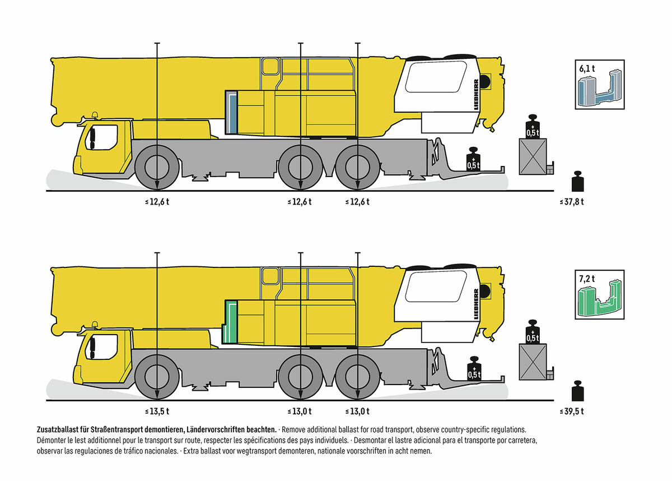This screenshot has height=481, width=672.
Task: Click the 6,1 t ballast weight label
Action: click(x=587, y=69)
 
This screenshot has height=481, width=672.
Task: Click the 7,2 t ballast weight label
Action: click(x=587, y=279)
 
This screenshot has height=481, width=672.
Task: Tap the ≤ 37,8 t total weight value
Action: click(x=572, y=202)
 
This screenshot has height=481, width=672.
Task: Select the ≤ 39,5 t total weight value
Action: click(x=572, y=411)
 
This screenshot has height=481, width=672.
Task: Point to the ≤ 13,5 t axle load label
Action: click(x=157, y=411)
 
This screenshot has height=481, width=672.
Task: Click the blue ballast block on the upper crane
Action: click(x=231, y=112)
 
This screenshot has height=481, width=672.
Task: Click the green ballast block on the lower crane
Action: click(x=230, y=322)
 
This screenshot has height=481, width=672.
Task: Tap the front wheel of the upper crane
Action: click(x=157, y=168)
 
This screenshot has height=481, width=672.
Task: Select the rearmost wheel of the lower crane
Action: click(x=358, y=377)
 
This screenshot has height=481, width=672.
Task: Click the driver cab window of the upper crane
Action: click(x=101, y=137)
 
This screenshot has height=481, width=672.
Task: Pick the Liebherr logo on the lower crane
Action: click(x=476, y=304)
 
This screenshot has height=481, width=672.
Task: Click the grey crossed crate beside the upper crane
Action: click(x=533, y=156)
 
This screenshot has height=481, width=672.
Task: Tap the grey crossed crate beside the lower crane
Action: click(x=533, y=362)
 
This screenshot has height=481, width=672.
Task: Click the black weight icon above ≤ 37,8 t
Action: click(x=577, y=181)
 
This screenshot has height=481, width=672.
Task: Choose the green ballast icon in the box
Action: click(x=600, y=298)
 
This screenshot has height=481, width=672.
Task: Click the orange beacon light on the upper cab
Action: click(x=95, y=116)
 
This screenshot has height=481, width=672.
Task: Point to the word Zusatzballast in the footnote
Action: click(x=57, y=429)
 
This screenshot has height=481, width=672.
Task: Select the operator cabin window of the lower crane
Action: click(x=436, y=286)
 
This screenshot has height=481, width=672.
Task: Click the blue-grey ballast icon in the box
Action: click(x=600, y=88)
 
